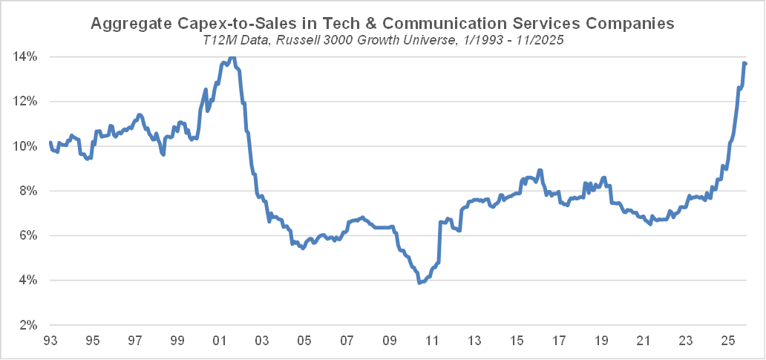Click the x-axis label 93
click(x=50, y=341)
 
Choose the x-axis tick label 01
click(x=220, y=341)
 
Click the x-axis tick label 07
click(x=347, y=341)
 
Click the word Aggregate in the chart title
click(x=125, y=24)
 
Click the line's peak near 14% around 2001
click(x=232, y=56)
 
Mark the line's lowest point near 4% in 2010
click(x=420, y=283)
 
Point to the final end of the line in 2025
click(x=746, y=63)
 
